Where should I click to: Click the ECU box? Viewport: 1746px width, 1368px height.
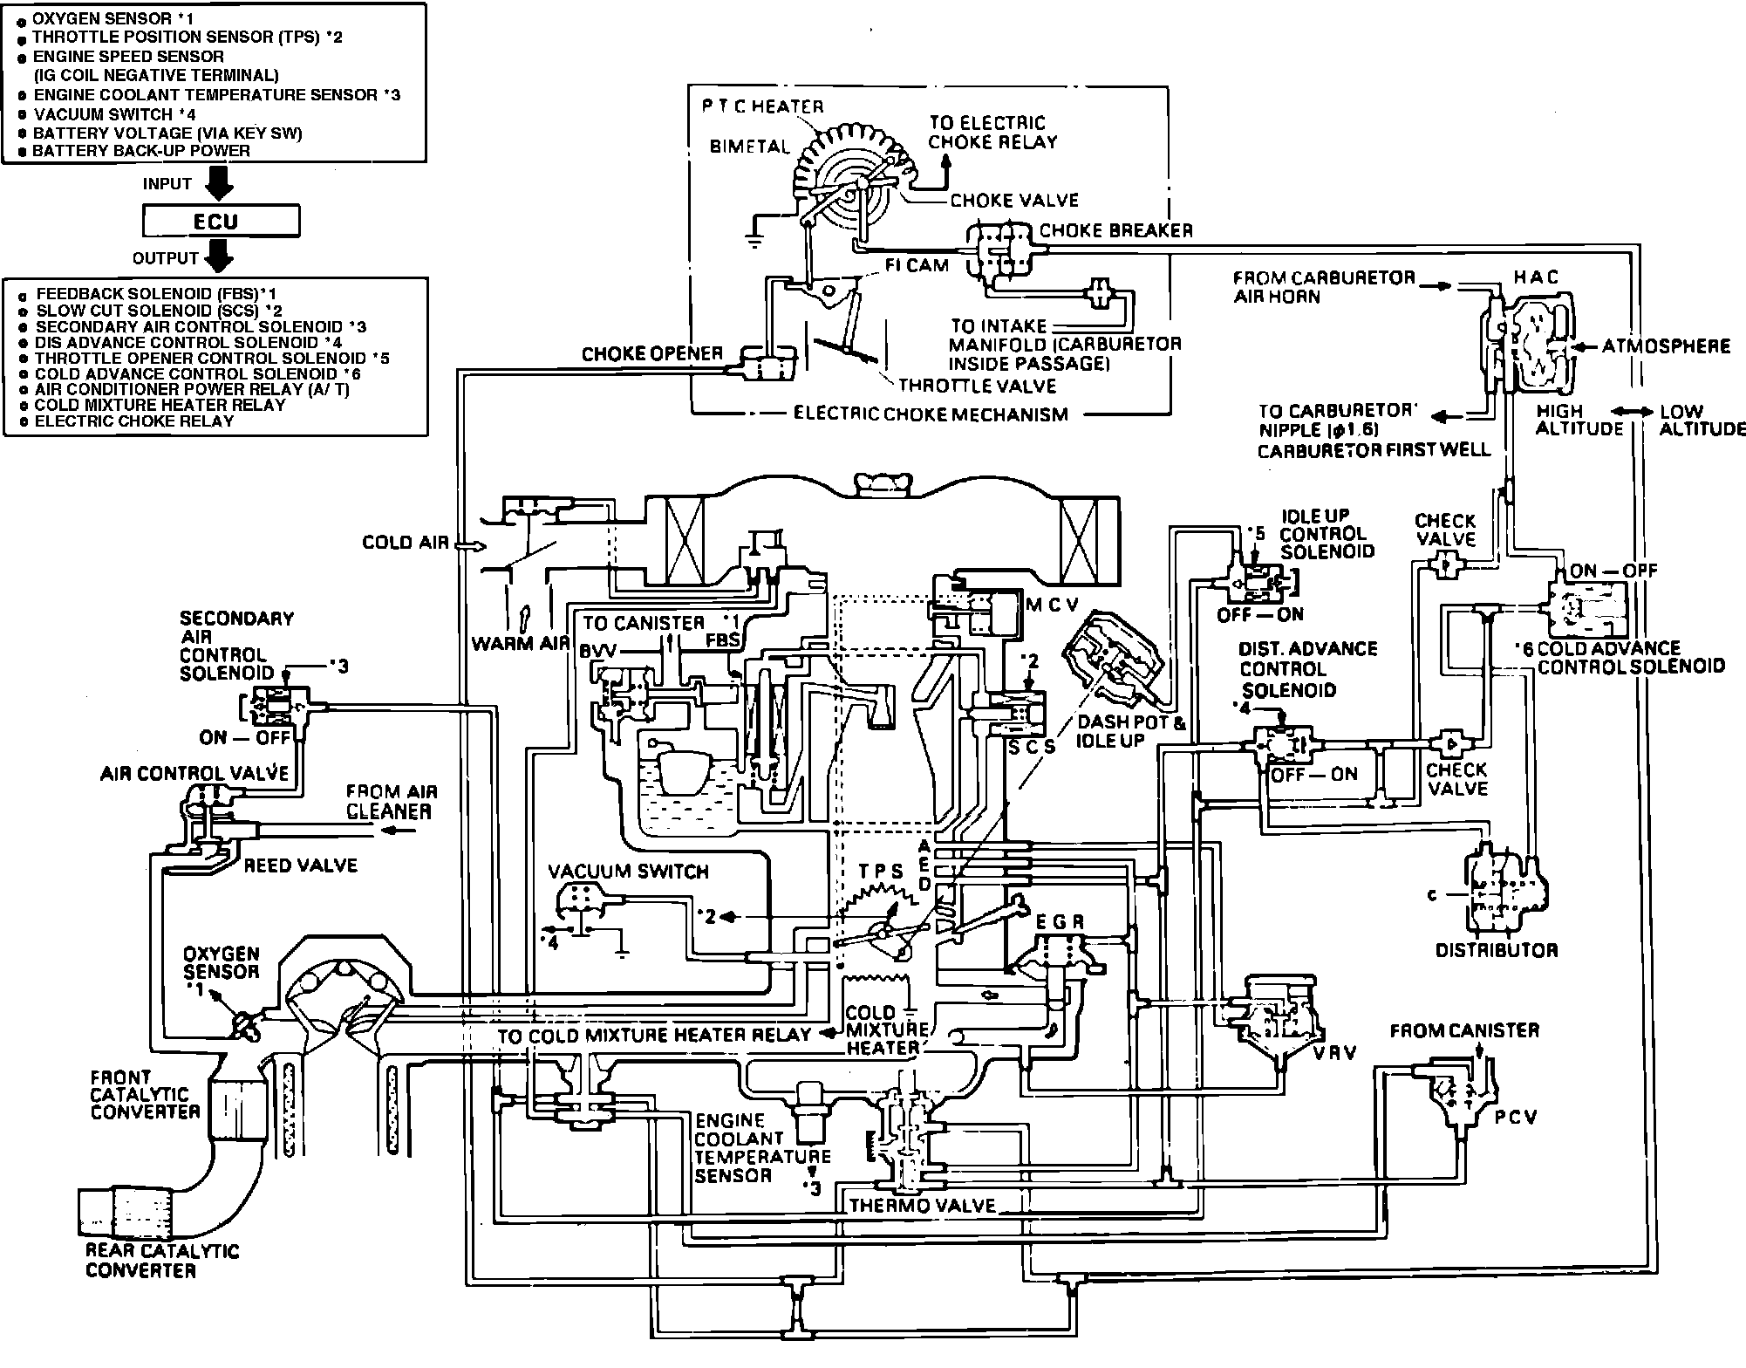point(221,222)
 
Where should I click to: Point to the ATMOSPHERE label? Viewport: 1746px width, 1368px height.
point(1666,347)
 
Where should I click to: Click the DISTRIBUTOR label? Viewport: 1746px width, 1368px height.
point(1496,950)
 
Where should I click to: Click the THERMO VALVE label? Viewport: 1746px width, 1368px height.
point(922,1206)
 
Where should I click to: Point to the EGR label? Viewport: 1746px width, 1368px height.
point(1060,922)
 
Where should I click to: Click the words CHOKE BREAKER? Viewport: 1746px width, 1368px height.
point(1115,231)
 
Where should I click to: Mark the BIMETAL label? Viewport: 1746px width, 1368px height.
point(749,147)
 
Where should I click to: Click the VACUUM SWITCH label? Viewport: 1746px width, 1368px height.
point(628,871)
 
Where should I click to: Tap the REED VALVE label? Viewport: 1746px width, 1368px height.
point(300,865)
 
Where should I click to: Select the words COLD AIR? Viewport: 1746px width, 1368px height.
point(405,543)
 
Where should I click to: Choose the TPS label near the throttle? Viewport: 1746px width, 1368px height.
point(880,872)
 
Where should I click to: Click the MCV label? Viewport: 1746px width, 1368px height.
point(1053,605)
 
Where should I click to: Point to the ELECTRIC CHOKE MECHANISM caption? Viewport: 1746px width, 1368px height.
point(930,414)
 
